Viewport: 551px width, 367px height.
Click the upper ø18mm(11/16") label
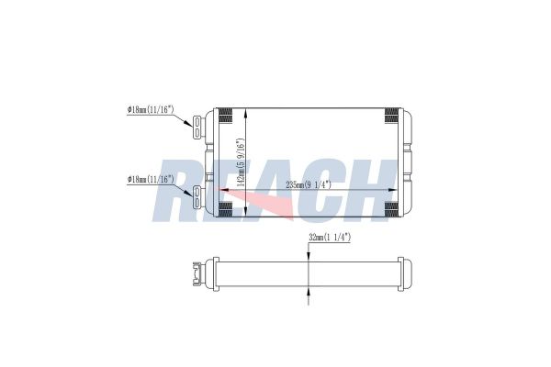(x=151, y=109)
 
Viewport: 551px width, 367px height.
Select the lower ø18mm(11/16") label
(x=151, y=179)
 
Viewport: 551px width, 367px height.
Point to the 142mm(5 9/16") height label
(x=241, y=161)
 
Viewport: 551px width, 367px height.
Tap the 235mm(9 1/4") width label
(x=309, y=184)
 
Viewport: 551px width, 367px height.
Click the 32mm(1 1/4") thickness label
(x=330, y=238)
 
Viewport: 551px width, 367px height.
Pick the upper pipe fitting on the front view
(x=197, y=126)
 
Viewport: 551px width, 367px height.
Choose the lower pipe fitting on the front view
(x=197, y=196)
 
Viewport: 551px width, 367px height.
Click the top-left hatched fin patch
(x=226, y=116)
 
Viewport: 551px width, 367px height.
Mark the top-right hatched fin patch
(x=391, y=116)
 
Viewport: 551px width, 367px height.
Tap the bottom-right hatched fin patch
(x=391, y=210)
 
